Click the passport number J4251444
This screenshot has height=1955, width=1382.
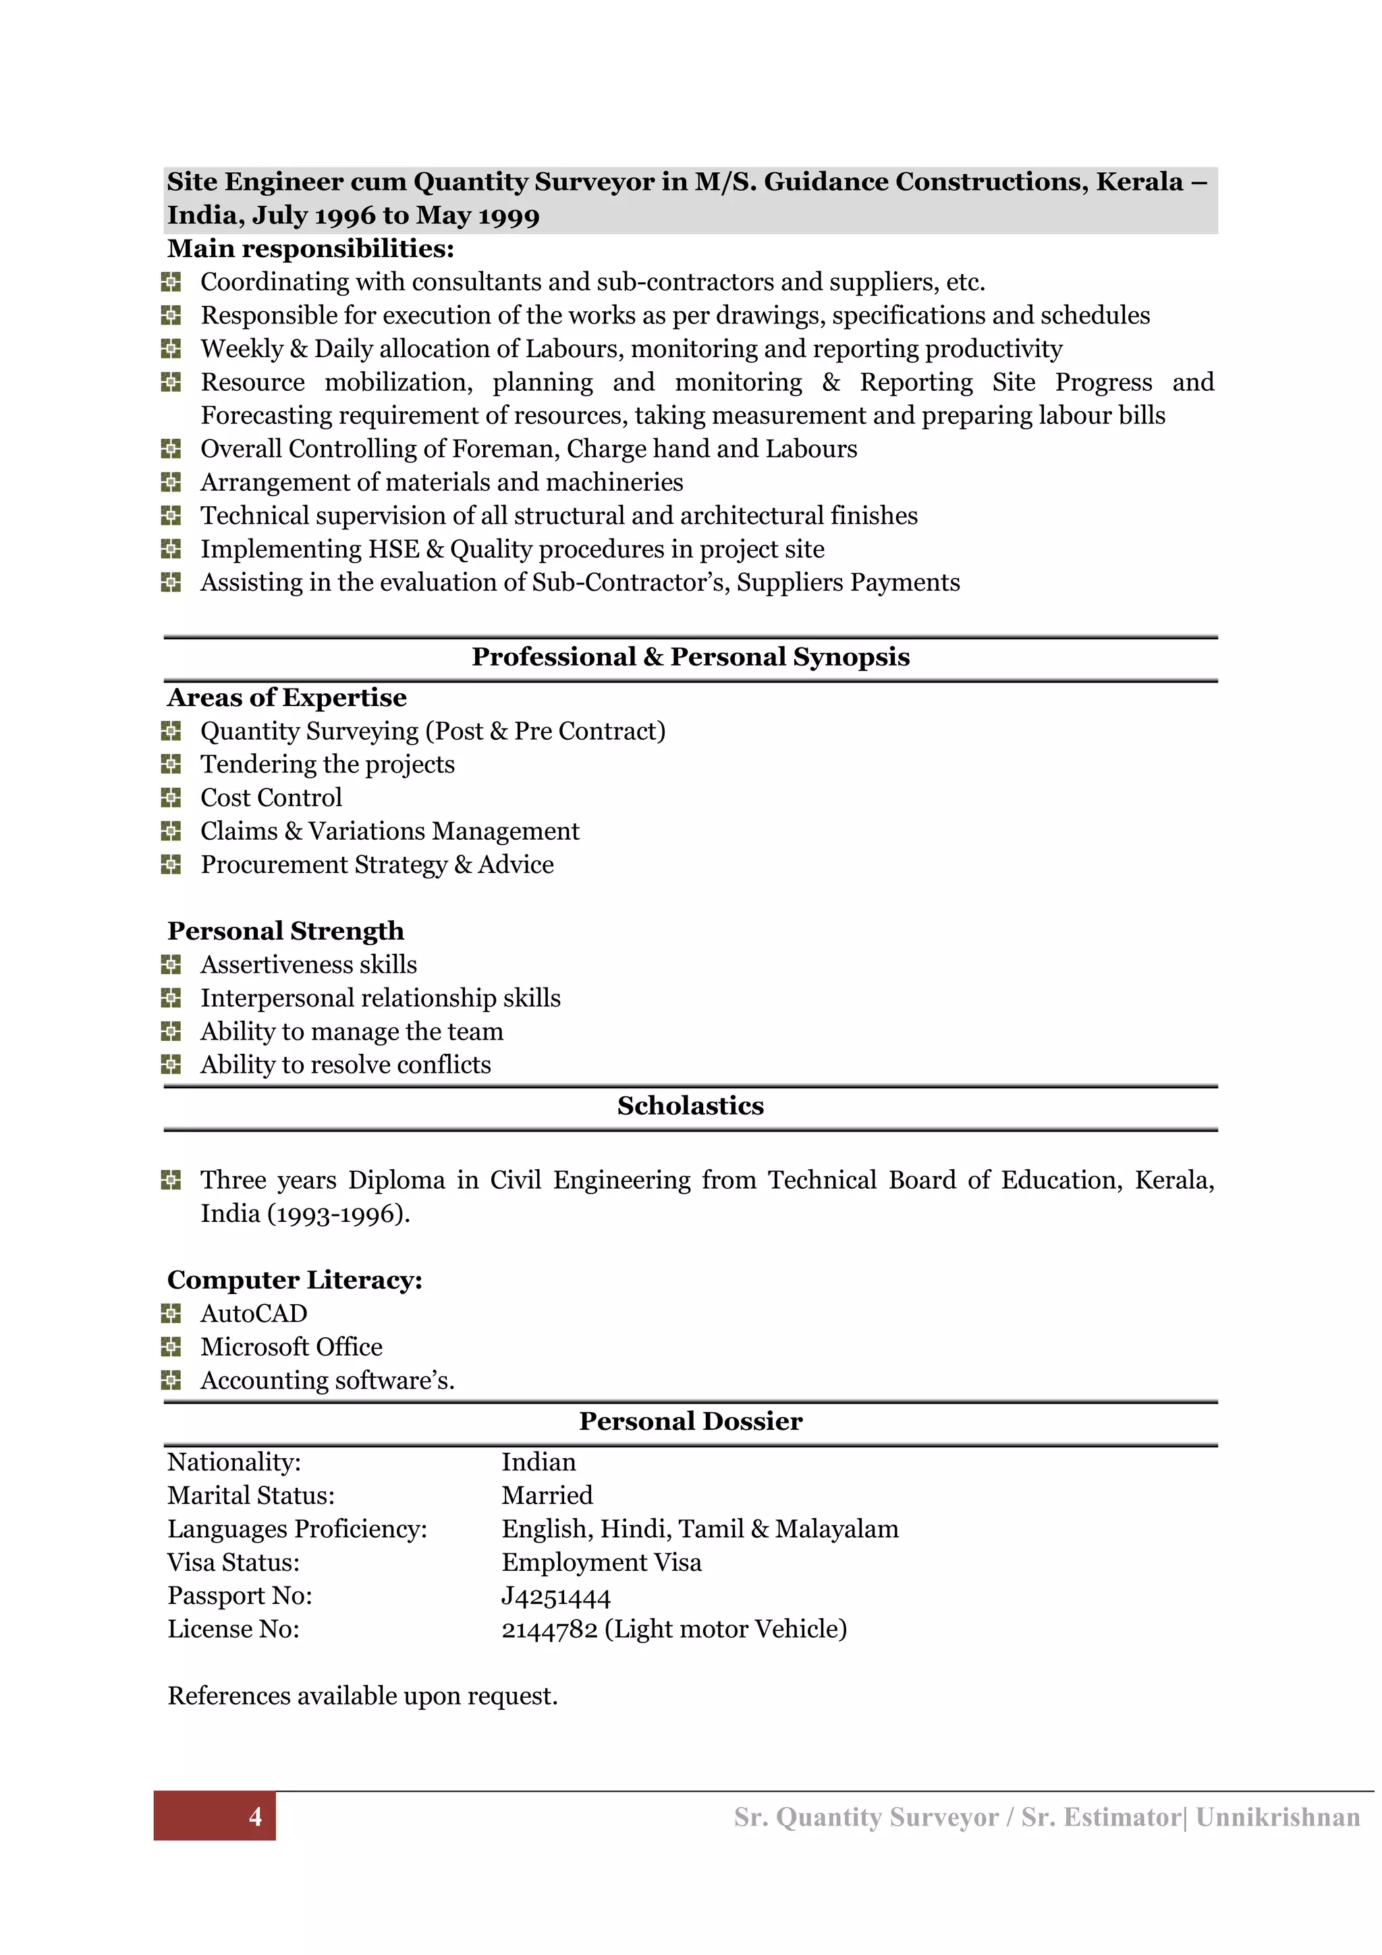[555, 1597]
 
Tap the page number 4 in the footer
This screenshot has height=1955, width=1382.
[254, 1817]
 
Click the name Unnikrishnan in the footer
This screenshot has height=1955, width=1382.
[1277, 1817]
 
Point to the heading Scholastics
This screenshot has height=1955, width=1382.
[690, 1106]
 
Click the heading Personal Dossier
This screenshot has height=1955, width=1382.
[690, 1422]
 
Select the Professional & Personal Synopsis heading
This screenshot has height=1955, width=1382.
[690, 658]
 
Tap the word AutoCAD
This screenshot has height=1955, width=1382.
[254, 1314]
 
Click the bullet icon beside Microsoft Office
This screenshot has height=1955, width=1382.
[171, 1347]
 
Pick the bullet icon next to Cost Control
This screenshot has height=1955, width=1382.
[171, 798]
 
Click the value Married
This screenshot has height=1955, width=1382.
[547, 1496]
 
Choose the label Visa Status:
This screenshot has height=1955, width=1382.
[233, 1563]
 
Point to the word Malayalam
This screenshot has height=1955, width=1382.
[837, 1529]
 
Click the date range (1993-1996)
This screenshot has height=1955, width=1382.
[339, 1214]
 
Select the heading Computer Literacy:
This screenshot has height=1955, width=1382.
[294, 1281]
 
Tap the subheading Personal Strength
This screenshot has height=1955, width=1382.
[285, 932]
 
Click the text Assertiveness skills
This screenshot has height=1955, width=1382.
[308, 965]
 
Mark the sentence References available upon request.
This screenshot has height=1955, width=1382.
[362, 1696]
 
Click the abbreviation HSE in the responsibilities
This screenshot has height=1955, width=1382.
[394, 550]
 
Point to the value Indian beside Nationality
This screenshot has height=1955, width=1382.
[538, 1463]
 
